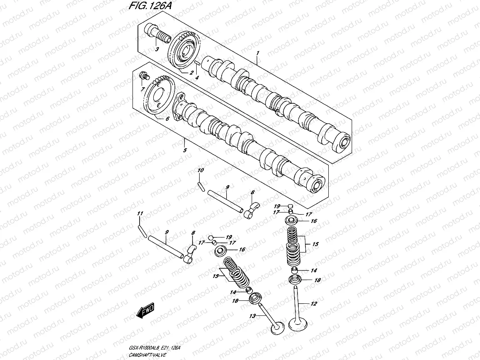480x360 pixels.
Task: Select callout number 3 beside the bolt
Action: (157, 50)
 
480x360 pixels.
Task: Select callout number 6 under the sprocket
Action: (167, 119)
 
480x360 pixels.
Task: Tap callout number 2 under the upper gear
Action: (191, 72)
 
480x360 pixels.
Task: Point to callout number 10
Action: (200, 170)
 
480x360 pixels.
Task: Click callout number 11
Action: (140, 214)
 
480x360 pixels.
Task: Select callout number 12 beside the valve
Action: (314, 304)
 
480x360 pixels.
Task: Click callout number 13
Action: (252, 316)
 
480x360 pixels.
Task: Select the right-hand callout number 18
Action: (317, 280)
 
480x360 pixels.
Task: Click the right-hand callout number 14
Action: (314, 270)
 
